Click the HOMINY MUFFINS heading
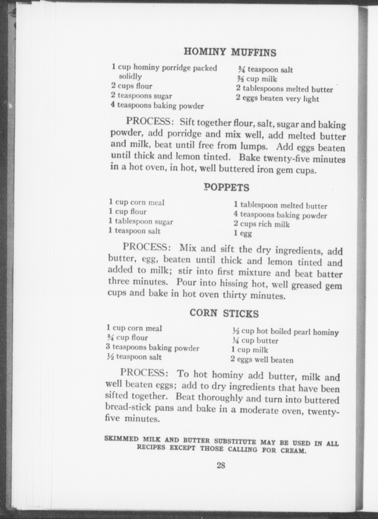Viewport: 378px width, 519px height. pyautogui.click(x=230, y=52)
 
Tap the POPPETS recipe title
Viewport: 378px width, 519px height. pyautogui.click(x=227, y=188)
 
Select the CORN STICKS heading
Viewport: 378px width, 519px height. pyautogui.click(x=224, y=313)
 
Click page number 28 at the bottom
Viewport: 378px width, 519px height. pyautogui.click(x=221, y=465)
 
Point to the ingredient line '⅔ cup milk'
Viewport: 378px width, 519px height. pyautogui.click(x=257, y=79)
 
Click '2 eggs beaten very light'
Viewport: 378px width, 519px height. pyautogui.click(x=277, y=98)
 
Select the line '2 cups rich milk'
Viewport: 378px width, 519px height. pyautogui.click(x=262, y=224)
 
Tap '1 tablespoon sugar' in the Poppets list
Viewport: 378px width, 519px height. pyautogui.click(x=141, y=222)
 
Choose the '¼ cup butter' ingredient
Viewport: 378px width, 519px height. pyautogui.click(x=255, y=341)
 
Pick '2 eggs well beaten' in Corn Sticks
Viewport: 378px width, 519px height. pyautogui.click(x=262, y=360)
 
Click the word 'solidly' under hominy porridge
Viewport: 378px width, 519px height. pyautogui.click(x=130, y=76)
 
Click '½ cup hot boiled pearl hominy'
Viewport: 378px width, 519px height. pyautogui.click(x=285, y=331)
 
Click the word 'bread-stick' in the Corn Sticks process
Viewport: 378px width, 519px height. pyautogui.click(x=128, y=407)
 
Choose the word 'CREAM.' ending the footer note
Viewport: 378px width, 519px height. pyautogui.click(x=293, y=450)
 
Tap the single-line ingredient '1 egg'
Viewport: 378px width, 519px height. pyautogui.click(x=243, y=233)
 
